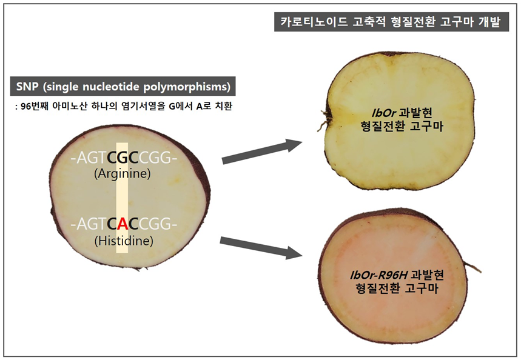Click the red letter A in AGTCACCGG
(x=123, y=224)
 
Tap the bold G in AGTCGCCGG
(x=123, y=158)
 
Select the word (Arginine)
(x=123, y=174)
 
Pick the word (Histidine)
(x=124, y=241)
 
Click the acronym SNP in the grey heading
(x=27, y=86)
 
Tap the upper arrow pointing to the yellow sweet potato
(x=262, y=152)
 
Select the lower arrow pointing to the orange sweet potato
(x=261, y=248)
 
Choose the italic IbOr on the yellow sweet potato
(x=384, y=113)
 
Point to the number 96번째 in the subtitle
(x=35, y=106)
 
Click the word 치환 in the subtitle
(x=224, y=106)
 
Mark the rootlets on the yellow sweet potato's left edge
(x=324, y=119)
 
